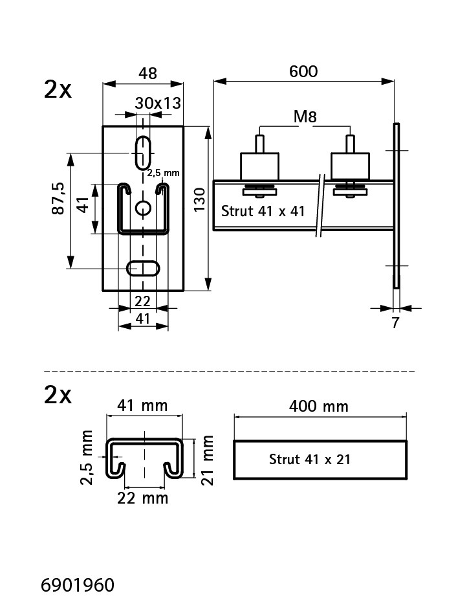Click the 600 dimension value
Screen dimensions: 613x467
tap(303, 71)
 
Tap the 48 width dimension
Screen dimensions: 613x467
tap(147, 73)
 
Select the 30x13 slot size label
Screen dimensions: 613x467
tap(157, 103)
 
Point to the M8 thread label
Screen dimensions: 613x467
tap(305, 117)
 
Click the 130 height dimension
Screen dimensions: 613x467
tap(199, 200)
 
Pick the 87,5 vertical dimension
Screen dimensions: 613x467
tap(58, 199)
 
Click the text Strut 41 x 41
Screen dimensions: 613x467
tap(263, 210)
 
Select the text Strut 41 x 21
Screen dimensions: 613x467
tap(309, 460)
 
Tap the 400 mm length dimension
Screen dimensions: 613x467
tap(318, 406)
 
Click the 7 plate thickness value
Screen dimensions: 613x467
tap(396, 323)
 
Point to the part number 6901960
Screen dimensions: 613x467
tap(78, 585)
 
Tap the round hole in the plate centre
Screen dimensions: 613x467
tap(143, 208)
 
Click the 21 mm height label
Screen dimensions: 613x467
tap(208, 459)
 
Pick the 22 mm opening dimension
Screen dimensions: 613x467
tap(143, 497)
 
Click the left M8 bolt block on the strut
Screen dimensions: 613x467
tap(259, 166)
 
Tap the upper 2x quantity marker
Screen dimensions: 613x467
tap(58, 89)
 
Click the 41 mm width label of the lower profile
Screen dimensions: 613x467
tap(142, 406)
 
